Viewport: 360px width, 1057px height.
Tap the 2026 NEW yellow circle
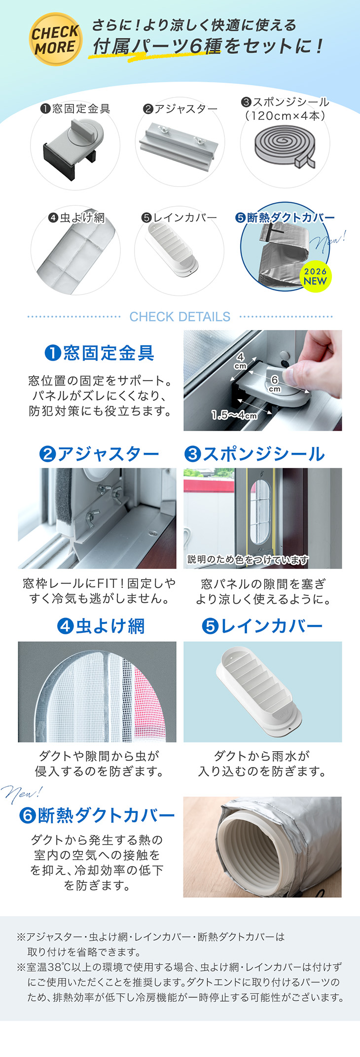pos(315,277)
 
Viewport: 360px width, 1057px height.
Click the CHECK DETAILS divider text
pos(180,317)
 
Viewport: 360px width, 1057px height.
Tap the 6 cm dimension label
pos(275,383)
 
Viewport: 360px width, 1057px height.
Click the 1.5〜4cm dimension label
pos(234,415)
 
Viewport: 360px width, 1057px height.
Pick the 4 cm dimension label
pos(240,361)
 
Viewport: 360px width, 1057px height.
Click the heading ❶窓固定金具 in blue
pos(100,353)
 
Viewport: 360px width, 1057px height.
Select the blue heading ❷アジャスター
pos(99,454)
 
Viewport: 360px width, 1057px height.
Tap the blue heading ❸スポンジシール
pos(254,454)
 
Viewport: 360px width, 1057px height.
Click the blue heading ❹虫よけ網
pos(101,626)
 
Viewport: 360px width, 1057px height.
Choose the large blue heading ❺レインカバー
pos(262,626)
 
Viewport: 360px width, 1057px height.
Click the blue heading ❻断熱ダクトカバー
pos(97,815)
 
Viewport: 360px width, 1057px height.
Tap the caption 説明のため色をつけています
pos(248,559)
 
